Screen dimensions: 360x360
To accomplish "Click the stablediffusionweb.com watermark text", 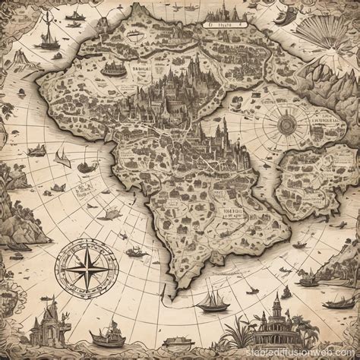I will coord(310,352).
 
